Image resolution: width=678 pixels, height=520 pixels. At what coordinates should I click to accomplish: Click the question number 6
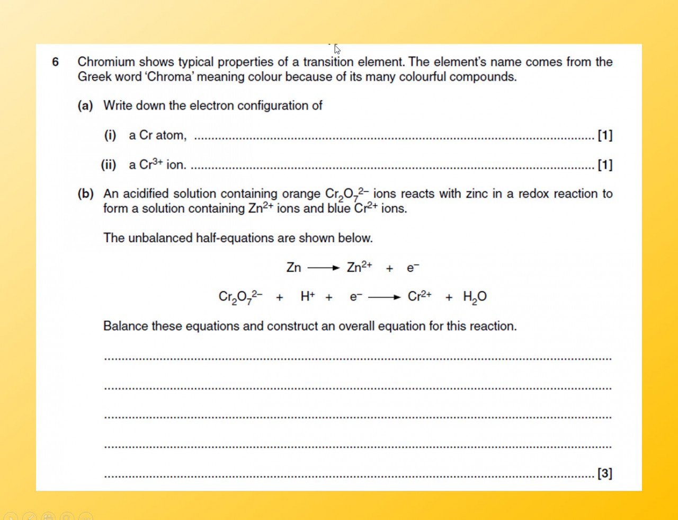pyautogui.click(x=55, y=62)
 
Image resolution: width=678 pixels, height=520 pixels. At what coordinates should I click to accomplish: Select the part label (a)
pyautogui.click(x=85, y=105)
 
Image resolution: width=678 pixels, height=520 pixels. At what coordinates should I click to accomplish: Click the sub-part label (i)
pyautogui.click(x=110, y=135)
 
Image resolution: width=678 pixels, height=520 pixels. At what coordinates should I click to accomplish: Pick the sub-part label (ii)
pyautogui.click(x=109, y=165)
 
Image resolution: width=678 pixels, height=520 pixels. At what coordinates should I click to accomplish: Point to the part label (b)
pyautogui.click(x=85, y=193)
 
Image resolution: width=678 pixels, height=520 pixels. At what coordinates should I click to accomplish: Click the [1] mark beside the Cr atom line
pyautogui.click(x=605, y=135)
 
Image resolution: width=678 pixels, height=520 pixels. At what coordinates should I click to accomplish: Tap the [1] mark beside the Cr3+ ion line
pyautogui.click(x=605, y=165)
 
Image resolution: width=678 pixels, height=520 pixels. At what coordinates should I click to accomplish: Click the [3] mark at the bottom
pyautogui.click(x=605, y=473)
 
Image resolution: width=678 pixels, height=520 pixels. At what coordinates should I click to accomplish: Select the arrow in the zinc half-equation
pyautogui.click(x=323, y=268)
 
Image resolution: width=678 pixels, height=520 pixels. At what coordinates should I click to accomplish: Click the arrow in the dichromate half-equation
pyautogui.click(x=384, y=297)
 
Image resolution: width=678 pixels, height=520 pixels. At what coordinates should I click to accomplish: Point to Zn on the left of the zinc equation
pyautogui.click(x=293, y=268)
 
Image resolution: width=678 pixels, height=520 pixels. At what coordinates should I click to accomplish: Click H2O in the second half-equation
pyautogui.click(x=475, y=297)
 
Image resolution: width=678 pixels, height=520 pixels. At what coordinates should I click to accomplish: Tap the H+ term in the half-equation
pyautogui.click(x=307, y=296)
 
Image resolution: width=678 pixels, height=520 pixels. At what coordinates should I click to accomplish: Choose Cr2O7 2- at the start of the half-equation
pyautogui.click(x=240, y=297)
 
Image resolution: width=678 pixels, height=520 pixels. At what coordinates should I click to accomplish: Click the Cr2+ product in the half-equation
pyautogui.click(x=420, y=296)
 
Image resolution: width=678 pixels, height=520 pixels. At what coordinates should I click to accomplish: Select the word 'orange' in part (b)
pyautogui.click(x=301, y=193)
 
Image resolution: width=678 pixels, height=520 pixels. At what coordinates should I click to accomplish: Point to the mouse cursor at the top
pyautogui.click(x=337, y=49)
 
